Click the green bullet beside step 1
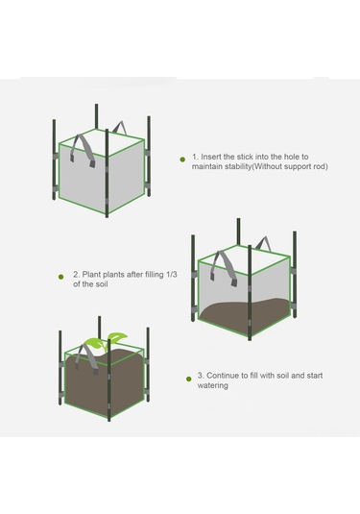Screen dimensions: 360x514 182,159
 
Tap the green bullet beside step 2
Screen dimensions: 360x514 60,277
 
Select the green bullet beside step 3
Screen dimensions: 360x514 188,379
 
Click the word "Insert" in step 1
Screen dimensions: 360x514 211,157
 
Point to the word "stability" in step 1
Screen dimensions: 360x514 235,166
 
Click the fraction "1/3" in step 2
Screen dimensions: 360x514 172,274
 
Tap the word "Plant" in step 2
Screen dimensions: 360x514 91,274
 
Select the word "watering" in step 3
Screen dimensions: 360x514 212,385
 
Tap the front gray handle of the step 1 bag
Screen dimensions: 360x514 84,151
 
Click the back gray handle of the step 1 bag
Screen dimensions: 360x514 120,128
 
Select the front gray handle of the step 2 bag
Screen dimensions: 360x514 224,267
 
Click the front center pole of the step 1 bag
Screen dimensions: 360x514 107,173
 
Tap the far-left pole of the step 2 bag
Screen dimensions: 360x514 193,278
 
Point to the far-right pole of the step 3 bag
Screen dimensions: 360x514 148,364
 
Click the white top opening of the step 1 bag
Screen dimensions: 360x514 102,142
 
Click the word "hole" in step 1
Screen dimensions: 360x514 291,157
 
